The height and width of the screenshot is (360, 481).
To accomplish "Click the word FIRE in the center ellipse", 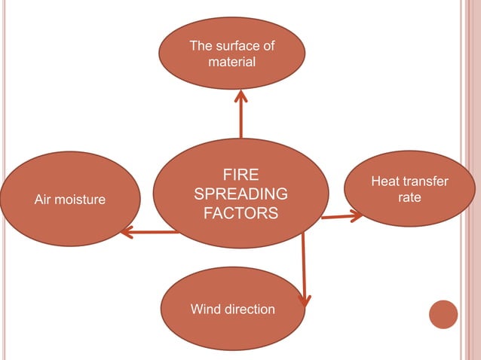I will click(240, 175).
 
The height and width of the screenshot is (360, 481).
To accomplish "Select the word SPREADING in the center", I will click(240, 194).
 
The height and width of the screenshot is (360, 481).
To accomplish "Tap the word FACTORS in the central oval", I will click(240, 214).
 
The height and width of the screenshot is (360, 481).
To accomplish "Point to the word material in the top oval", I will click(232, 61).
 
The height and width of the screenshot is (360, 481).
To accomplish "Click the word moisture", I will click(81, 200).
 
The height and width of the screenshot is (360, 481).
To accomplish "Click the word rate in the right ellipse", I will click(409, 197).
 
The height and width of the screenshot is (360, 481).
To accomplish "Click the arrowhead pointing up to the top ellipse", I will click(241, 96).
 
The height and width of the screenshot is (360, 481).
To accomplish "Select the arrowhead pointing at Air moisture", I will click(126, 232).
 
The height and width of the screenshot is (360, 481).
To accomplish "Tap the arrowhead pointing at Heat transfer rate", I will click(356, 216).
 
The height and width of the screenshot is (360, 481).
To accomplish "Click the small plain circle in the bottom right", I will click(443, 314).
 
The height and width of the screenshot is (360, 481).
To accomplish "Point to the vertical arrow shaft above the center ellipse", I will click(241, 121).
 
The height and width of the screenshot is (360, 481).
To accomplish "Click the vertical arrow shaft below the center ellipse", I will click(304, 264).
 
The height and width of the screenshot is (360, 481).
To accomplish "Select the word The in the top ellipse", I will click(201, 46).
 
